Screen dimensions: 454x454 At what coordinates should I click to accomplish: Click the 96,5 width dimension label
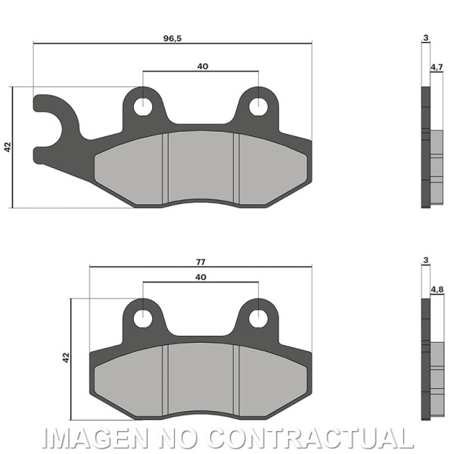[x=173, y=38]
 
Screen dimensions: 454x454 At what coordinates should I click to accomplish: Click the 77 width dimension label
[x=201, y=261]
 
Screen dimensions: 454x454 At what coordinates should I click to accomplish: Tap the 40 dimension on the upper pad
[x=202, y=67]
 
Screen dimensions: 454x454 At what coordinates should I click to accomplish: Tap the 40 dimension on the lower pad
[x=201, y=278]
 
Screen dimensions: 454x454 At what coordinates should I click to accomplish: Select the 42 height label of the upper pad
[x=8, y=147]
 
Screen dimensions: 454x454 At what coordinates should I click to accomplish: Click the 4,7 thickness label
[x=437, y=67]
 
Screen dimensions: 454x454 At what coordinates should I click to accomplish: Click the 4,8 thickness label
[x=437, y=290]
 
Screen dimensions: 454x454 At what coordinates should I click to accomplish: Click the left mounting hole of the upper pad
[x=142, y=106]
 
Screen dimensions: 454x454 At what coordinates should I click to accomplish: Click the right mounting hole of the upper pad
[x=258, y=106]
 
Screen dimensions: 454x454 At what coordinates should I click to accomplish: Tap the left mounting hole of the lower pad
[x=142, y=318]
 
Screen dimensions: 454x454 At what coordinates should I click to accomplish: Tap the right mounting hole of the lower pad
[x=258, y=318]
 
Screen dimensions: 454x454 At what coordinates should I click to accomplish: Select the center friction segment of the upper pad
[x=201, y=166]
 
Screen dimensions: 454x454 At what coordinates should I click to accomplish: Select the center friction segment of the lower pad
[x=201, y=378]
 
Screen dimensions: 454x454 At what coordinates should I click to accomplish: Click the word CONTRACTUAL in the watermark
[x=310, y=438]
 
